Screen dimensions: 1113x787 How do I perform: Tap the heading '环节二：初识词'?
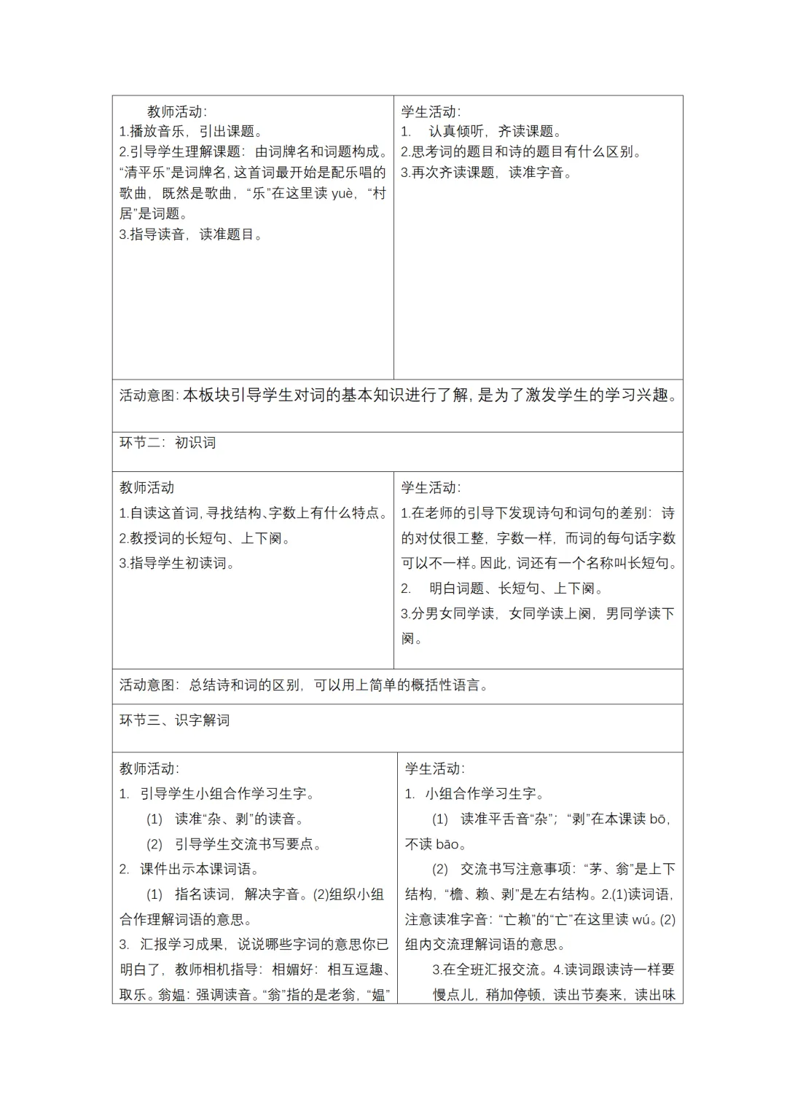coord(168,442)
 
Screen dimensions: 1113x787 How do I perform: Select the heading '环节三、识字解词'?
coord(175,720)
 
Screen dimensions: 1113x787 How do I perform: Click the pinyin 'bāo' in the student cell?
coord(447,843)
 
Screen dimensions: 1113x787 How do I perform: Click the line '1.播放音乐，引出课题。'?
coord(191,131)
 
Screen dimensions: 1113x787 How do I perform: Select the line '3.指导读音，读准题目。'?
coord(191,234)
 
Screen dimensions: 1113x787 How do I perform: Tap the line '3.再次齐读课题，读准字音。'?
coord(486,172)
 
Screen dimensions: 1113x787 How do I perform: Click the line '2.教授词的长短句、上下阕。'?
coord(205,538)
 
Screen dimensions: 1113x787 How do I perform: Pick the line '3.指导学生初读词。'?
coord(177,563)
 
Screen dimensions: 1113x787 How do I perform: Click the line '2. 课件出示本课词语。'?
coord(189,869)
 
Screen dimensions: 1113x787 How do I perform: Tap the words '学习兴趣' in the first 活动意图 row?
coord(641,396)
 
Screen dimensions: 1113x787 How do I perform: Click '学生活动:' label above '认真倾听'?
coord(431,111)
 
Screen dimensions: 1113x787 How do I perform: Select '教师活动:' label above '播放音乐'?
coord(176,111)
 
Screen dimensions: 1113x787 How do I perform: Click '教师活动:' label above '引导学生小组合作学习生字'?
coord(149,768)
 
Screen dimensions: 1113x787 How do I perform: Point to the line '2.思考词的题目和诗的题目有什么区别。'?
coord(522,152)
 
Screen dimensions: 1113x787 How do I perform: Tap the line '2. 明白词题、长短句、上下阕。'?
coord(502,588)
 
